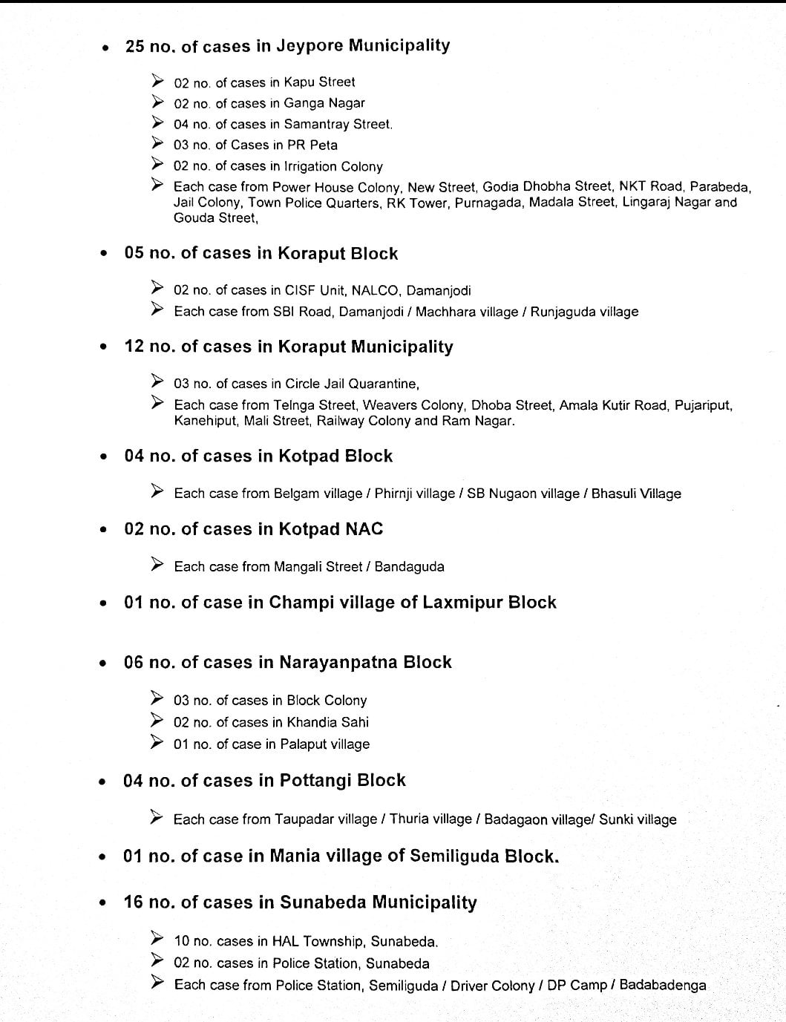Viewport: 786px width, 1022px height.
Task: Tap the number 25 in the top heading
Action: click(135, 46)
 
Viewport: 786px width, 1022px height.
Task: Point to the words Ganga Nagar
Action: click(324, 103)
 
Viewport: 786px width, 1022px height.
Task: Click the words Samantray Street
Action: click(338, 124)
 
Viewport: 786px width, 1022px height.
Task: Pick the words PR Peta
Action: click(312, 145)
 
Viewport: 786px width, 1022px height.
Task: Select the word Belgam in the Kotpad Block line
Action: click(296, 494)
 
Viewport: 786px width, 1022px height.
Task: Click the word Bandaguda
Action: click(409, 567)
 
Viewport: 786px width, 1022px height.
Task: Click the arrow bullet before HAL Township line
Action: click(157, 940)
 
